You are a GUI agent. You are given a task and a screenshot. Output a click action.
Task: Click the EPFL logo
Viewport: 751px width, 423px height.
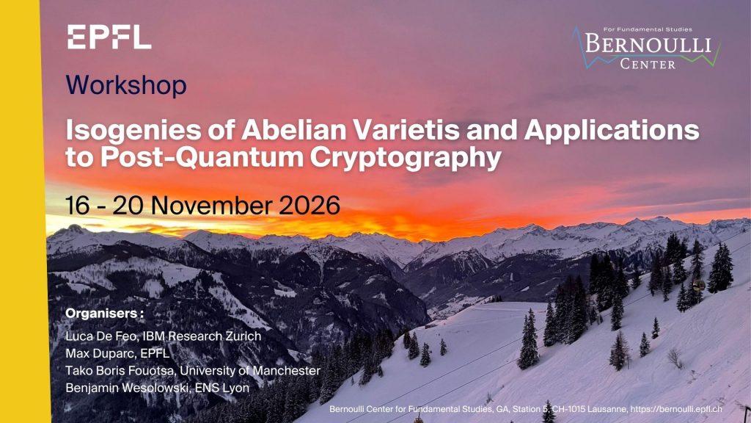(x=109, y=37)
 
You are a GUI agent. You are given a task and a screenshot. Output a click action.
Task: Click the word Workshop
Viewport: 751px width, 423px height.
(x=126, y=85)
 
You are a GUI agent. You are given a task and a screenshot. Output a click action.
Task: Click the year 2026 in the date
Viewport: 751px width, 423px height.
(x=309, y=206)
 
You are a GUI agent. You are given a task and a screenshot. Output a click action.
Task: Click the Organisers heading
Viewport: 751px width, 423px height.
(x=104, y=314)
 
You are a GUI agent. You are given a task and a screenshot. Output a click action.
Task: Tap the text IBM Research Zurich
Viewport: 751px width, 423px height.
(x=202, y=336)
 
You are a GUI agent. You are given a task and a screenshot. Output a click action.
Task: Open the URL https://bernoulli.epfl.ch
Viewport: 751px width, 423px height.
(x=675, y=409)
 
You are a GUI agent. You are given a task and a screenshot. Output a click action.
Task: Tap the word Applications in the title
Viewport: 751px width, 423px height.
(x=612, y=131)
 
